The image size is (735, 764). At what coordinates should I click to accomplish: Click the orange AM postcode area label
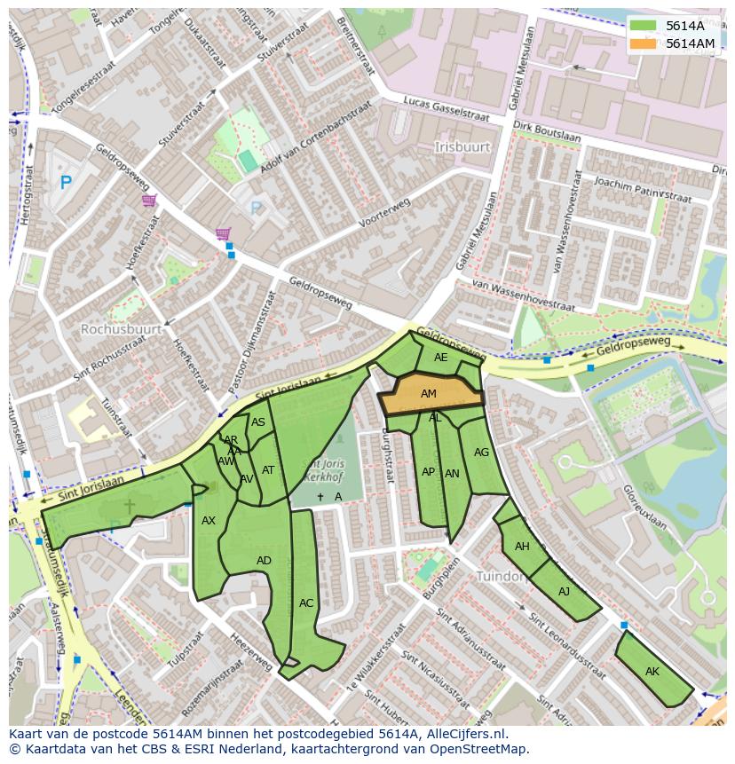tap(429, 394)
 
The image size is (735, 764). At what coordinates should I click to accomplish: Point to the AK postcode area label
tap(652, 672)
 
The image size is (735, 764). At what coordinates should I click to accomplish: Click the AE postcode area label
tap(441, 358)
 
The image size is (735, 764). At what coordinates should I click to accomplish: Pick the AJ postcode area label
tap(565, 592)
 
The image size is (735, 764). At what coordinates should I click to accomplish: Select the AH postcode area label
tap(522, 547)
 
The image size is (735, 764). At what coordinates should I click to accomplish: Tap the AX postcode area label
tap(209, 521)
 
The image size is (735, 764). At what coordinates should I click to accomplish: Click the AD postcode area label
tap(264, 561)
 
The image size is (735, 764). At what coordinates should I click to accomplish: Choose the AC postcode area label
tap(306, 603)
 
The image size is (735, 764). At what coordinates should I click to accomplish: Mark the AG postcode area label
tap(481, 453)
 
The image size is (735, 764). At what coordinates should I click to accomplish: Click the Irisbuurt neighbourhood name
tap(462, 146)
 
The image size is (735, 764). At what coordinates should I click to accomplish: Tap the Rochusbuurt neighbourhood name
tap(121, 329)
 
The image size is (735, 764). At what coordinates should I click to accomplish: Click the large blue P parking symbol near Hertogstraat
tap(65, 183)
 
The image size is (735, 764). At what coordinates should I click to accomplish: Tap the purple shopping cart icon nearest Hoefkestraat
tap(149, 201)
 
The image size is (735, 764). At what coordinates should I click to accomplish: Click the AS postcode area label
tap(258, 422)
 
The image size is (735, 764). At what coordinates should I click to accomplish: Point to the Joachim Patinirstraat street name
tap(643, 189)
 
